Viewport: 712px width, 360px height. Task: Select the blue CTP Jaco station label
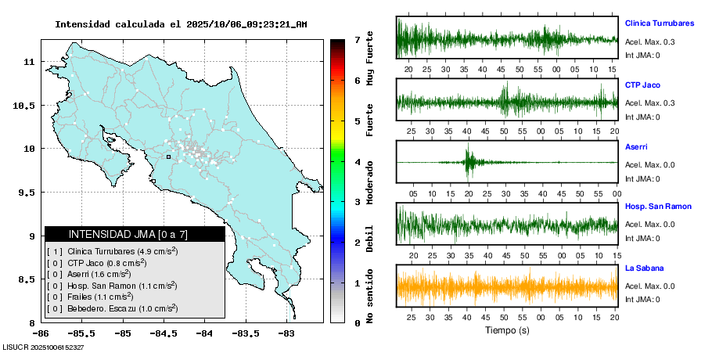click(x=643, y=85)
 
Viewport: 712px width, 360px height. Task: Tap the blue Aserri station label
click(x=636, y=146)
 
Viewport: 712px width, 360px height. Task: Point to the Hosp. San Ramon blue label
click(x=658, y=207)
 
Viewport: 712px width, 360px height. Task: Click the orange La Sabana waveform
click(x=507, y=286)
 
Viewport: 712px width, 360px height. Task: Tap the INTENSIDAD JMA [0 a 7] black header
click(x=135, y=234)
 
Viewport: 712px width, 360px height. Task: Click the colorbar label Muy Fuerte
click(x=370, y=57)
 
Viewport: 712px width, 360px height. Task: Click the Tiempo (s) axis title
click(x=507, y=330)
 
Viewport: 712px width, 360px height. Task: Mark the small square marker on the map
click(x=168, y=157)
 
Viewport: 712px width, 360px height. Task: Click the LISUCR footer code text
click(x=44, y=347)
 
